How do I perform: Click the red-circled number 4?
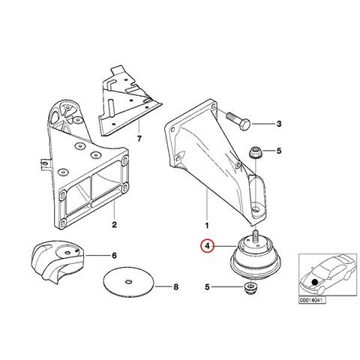point(208,246)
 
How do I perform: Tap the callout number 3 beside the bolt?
point(279,124)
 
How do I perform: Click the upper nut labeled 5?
point(256,152)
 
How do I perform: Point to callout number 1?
point(207,226)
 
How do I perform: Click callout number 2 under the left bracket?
point(114,224)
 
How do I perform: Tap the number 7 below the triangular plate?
point(139,138)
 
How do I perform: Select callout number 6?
point(114,256)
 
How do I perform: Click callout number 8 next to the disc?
point(176,286)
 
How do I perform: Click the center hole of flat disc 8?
point(129,282)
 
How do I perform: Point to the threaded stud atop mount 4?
point(256,236)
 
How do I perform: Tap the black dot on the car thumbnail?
point(315,282)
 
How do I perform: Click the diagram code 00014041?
point(313,300)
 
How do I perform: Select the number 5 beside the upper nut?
point(279,151)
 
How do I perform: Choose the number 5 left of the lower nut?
point(207,287)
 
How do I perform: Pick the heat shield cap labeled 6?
point(58,261)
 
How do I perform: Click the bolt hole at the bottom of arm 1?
point(256,208)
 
